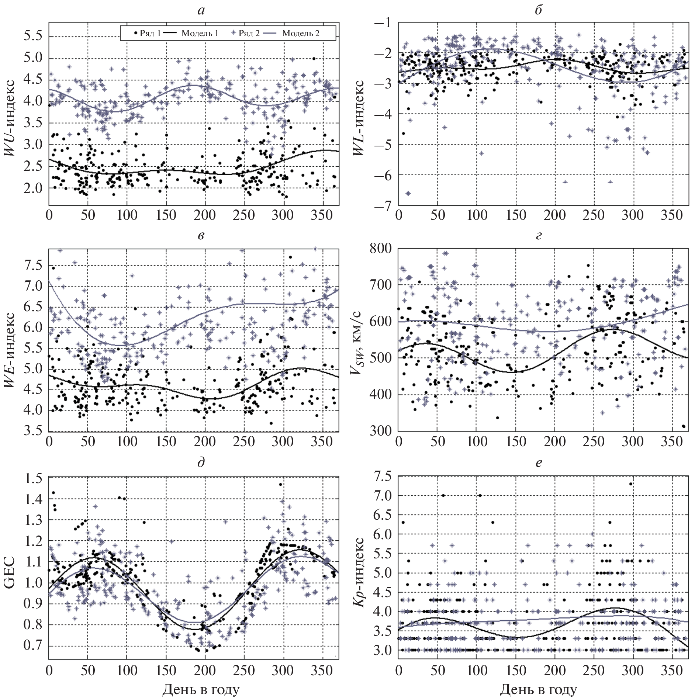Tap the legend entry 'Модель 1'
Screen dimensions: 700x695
point(200,34)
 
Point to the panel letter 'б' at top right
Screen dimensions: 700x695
point(539,10)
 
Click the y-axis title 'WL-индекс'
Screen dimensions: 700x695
point(359,118)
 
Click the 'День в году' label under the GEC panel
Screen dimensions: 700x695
point(201,689)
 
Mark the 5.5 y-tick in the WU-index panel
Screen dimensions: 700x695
point(32,36)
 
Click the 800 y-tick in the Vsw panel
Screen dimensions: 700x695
point(381,248)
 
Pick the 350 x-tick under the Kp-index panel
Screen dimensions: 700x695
point(672,670)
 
